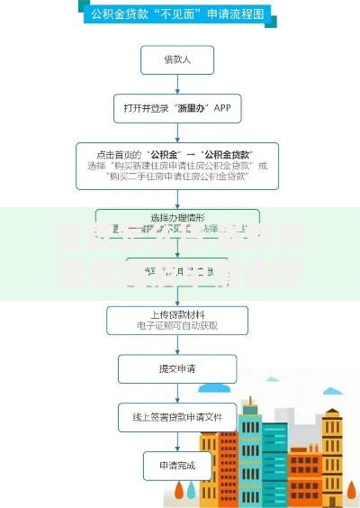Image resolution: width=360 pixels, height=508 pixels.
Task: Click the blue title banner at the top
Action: coord(177,14)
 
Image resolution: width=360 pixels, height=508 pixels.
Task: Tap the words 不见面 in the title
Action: coord(179,14)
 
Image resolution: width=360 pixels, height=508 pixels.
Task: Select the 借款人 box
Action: coord(177,60)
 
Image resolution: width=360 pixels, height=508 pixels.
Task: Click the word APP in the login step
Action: coord(222,107)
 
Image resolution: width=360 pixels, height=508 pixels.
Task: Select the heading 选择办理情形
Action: coord(177,219)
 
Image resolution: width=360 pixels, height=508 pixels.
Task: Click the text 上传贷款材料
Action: coord(177,314)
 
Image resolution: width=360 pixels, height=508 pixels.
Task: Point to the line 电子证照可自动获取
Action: coord(177,326)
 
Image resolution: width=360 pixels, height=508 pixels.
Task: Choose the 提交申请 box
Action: coord(177,367)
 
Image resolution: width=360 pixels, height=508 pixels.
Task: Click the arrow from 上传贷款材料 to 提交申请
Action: coord(177,345)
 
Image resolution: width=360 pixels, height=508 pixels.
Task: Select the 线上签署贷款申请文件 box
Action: coord(177,416)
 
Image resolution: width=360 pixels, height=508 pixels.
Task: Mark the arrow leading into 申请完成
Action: coord(177,441)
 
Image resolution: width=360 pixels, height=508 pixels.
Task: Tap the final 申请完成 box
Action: coord(177,465)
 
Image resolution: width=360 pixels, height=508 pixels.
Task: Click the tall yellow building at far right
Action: coord(333,450)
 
